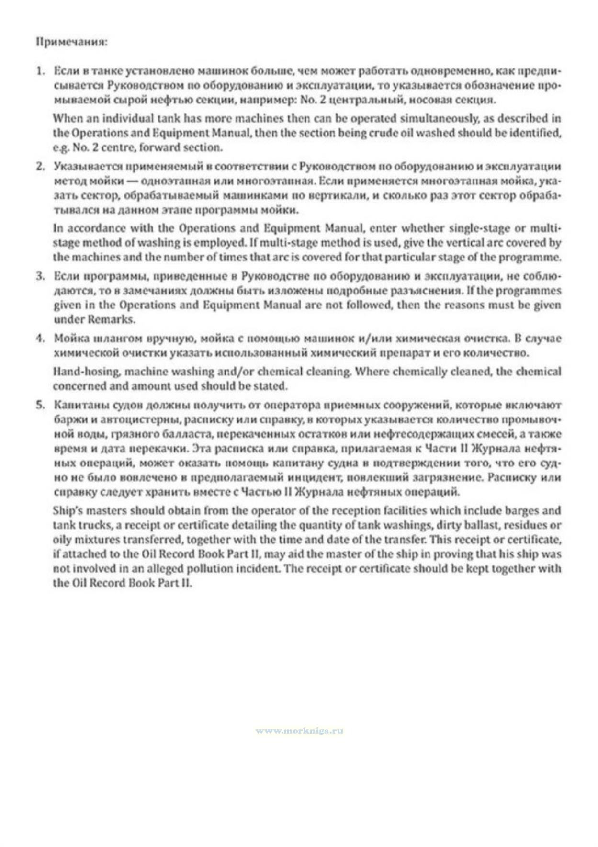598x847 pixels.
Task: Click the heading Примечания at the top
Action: pos(72,42)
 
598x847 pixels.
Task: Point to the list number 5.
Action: pos(41,405)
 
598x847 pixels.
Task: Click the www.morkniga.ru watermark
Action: pos(299,731)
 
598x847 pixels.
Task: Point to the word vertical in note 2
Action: pos(450,243)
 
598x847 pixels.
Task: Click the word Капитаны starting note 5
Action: pos(76,405)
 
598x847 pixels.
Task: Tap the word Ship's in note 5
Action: pos(67,510)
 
